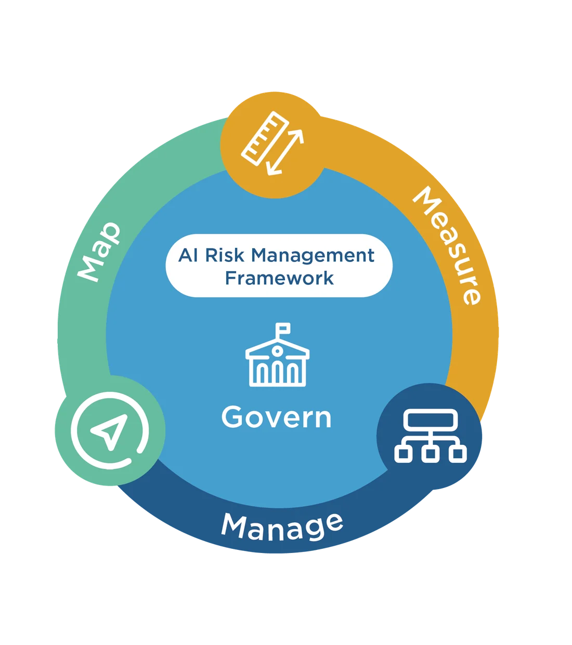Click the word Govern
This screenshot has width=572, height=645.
[x=276, y=417]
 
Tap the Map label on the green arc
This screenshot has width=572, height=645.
[x=99, y=252]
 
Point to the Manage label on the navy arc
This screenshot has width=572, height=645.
[x=282, y=526]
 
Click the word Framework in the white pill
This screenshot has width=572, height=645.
[x=279, y=278]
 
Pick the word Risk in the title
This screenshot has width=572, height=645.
[x=225, y=255]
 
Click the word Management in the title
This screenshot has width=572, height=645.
[x=313, y=255]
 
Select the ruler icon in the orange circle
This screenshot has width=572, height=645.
[x=265, y=138]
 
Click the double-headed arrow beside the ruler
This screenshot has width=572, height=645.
[x=285, y=152]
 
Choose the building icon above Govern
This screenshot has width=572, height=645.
[x=277, y=354]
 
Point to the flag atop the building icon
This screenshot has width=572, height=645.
[x=283, y=328]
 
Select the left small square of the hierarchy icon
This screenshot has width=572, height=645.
[x=404, y=454]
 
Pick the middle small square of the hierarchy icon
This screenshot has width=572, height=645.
[x=430, y=454]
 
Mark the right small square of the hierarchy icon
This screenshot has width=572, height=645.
[x=458, y=454]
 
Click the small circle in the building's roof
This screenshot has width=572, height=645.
[x=277, y=351]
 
